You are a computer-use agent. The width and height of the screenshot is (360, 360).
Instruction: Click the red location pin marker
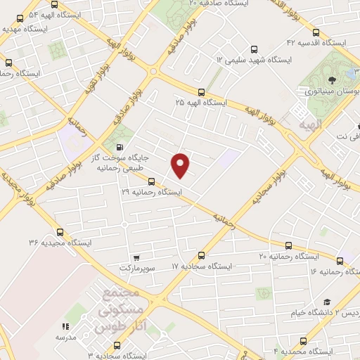pyautogui.click(x=181, y=165)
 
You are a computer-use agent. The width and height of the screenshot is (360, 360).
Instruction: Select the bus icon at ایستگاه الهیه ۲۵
pyautogui.click(x=202, y=91)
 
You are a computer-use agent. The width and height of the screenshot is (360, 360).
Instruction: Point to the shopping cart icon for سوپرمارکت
pyautogui.click(x=136, y=258)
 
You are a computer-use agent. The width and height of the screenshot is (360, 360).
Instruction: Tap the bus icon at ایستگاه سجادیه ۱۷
pyautogui.click(x=202, y=255)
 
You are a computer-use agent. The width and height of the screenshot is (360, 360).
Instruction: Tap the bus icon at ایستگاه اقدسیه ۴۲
pyautogui.click(x=314, y=32)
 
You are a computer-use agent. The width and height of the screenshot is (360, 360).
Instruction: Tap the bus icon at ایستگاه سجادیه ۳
pyautogui.click(x=116, y=345)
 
